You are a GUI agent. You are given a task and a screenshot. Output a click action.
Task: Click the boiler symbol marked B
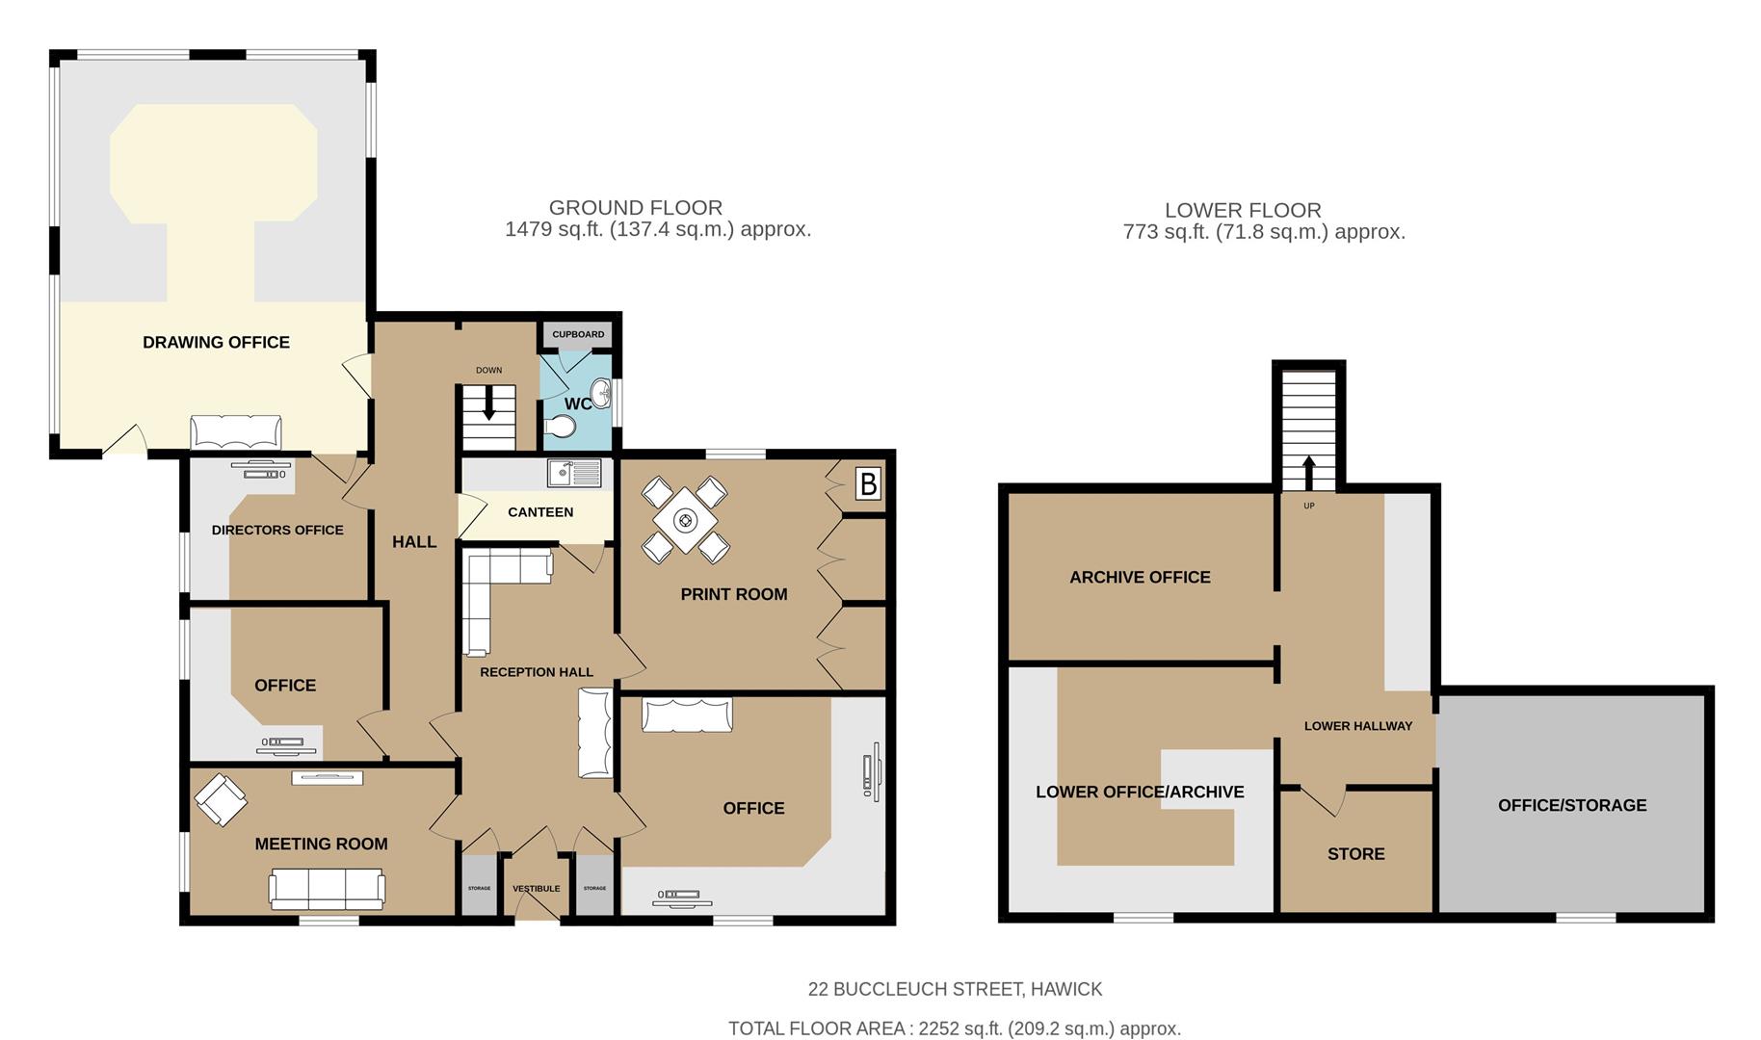(x=868, y=483)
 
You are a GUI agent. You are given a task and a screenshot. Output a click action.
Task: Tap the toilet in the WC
(x=561, y=426)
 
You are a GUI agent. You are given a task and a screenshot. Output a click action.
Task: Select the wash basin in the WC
(x=602, y=392)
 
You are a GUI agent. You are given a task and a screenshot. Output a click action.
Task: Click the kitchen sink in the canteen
(x=574, y=473)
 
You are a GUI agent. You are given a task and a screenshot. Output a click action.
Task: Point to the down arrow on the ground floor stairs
(x=488, y=403)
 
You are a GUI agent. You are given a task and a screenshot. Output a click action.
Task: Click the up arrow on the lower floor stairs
(x=1308, y=473)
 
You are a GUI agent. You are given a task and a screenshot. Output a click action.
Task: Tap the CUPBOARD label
(x=578, y=334)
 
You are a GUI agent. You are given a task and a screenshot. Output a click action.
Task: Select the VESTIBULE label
(x=536, y=889)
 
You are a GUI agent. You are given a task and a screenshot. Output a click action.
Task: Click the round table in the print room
(x=685, y=521)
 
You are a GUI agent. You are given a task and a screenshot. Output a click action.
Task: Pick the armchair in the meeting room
(x=221, y=799)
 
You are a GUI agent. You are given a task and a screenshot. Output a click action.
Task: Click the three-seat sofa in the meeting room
(x=327, y=888)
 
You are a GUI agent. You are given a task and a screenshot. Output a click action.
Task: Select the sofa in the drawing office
(x=236, y=432)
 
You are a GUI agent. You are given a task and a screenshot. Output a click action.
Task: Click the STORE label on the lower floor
(x=1355, y=854)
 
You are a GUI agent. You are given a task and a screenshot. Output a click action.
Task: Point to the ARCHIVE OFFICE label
(x=1140, y=578)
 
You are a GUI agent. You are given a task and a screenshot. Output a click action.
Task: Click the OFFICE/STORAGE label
(x=1571, y=805)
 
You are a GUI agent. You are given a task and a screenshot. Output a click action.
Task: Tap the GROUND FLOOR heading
(x=635, y=207)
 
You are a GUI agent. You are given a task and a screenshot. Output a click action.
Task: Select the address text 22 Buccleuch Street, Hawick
(x=955, y=989)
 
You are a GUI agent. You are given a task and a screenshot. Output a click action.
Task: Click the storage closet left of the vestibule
(x=479, y=886)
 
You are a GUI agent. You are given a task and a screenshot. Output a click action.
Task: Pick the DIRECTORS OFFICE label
(x=277, y=530)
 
